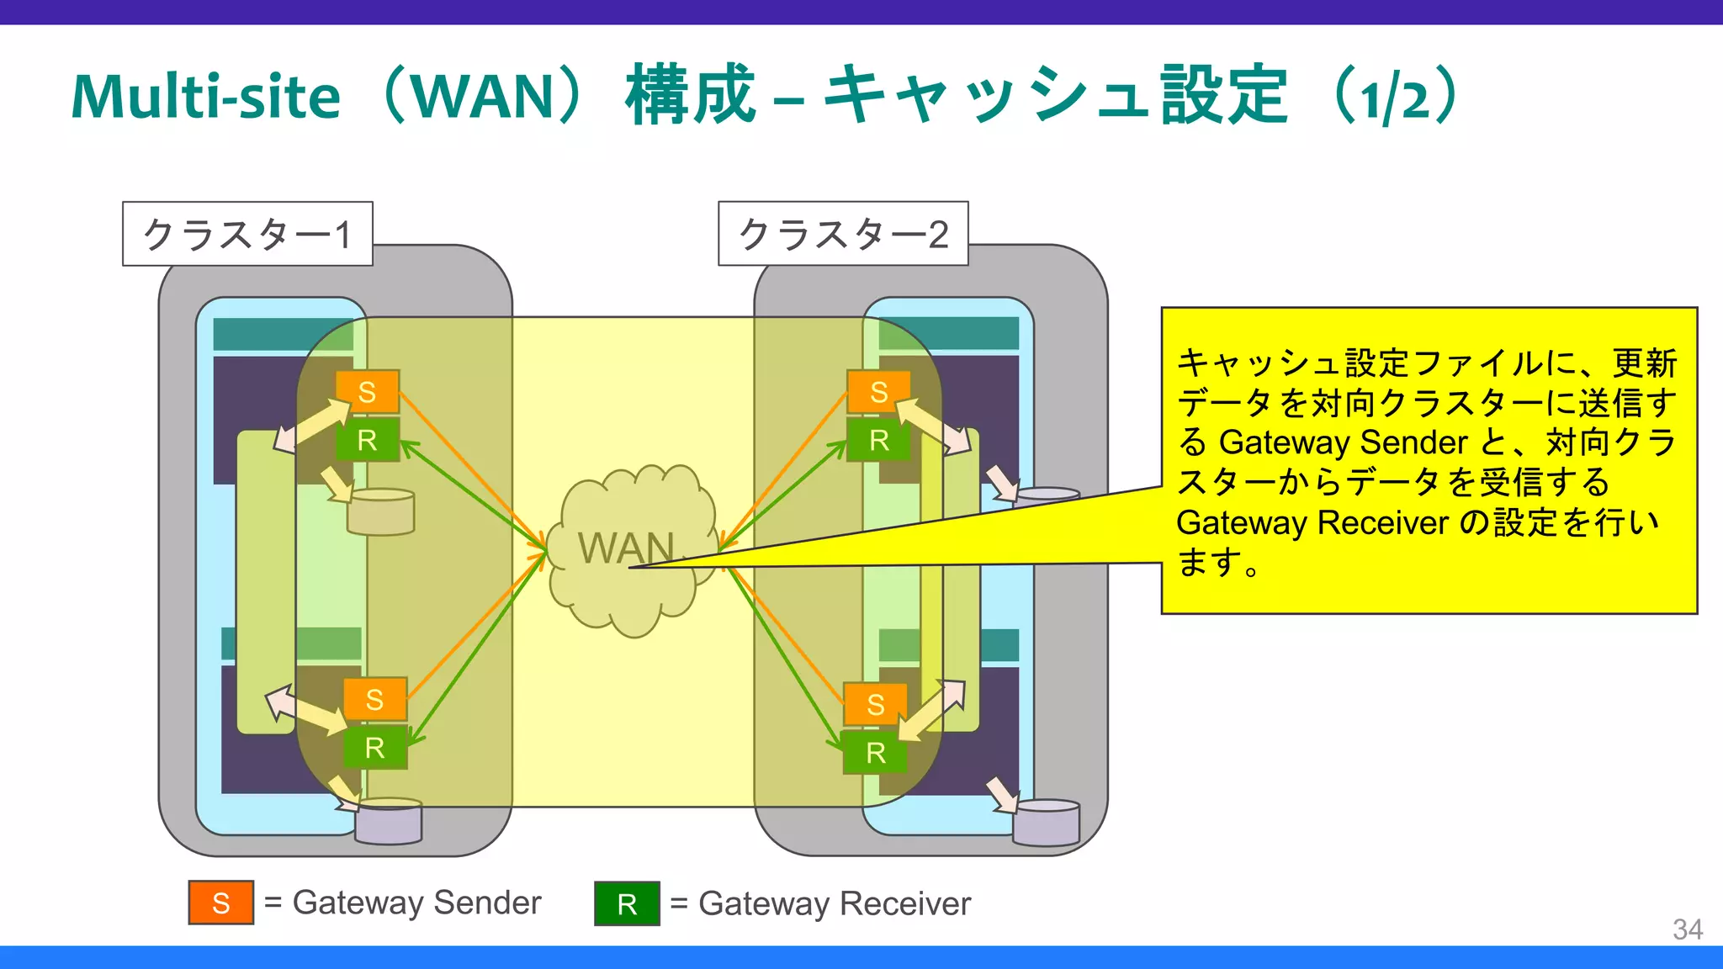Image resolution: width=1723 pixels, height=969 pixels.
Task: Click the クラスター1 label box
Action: (x=247, y=234)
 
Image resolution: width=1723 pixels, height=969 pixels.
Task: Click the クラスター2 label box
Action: (x=843, y=234)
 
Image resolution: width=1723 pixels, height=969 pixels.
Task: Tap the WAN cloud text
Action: (x=626, y=548)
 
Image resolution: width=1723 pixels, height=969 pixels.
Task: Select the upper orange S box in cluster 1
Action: (x=367, y=392)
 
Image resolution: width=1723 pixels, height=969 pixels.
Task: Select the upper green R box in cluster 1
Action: (x=367, y=440)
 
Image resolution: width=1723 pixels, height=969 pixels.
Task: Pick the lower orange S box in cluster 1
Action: (x=374, y=699)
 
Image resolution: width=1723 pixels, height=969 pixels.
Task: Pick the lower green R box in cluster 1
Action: (x=374, y=747)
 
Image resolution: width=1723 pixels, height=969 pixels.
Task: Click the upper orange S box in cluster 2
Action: (x=878, y=392)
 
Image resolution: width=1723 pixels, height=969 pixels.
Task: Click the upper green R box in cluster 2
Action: (x=878, y=440)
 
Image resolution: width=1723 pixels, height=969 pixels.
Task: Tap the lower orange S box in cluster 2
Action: (x=875, y=704)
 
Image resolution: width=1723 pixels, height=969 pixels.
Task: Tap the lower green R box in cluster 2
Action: (x=875, y=752)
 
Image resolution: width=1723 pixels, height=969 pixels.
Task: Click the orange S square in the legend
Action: (x=221, y=903)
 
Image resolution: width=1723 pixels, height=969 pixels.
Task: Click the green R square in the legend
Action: (x=627, y=903)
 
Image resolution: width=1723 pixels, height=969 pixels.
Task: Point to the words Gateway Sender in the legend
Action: (x=416, y=903)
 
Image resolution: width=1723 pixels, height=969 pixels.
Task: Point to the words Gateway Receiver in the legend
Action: (x=835, y=903)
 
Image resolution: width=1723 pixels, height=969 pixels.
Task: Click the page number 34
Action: (x=1687, y=929)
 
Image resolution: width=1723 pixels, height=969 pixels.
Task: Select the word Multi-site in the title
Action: (x=206, y=97)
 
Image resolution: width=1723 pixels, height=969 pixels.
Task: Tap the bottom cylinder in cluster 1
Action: (x=388, y=822)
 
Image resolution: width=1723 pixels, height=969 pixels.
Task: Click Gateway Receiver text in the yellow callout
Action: (x=1312, y=522)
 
